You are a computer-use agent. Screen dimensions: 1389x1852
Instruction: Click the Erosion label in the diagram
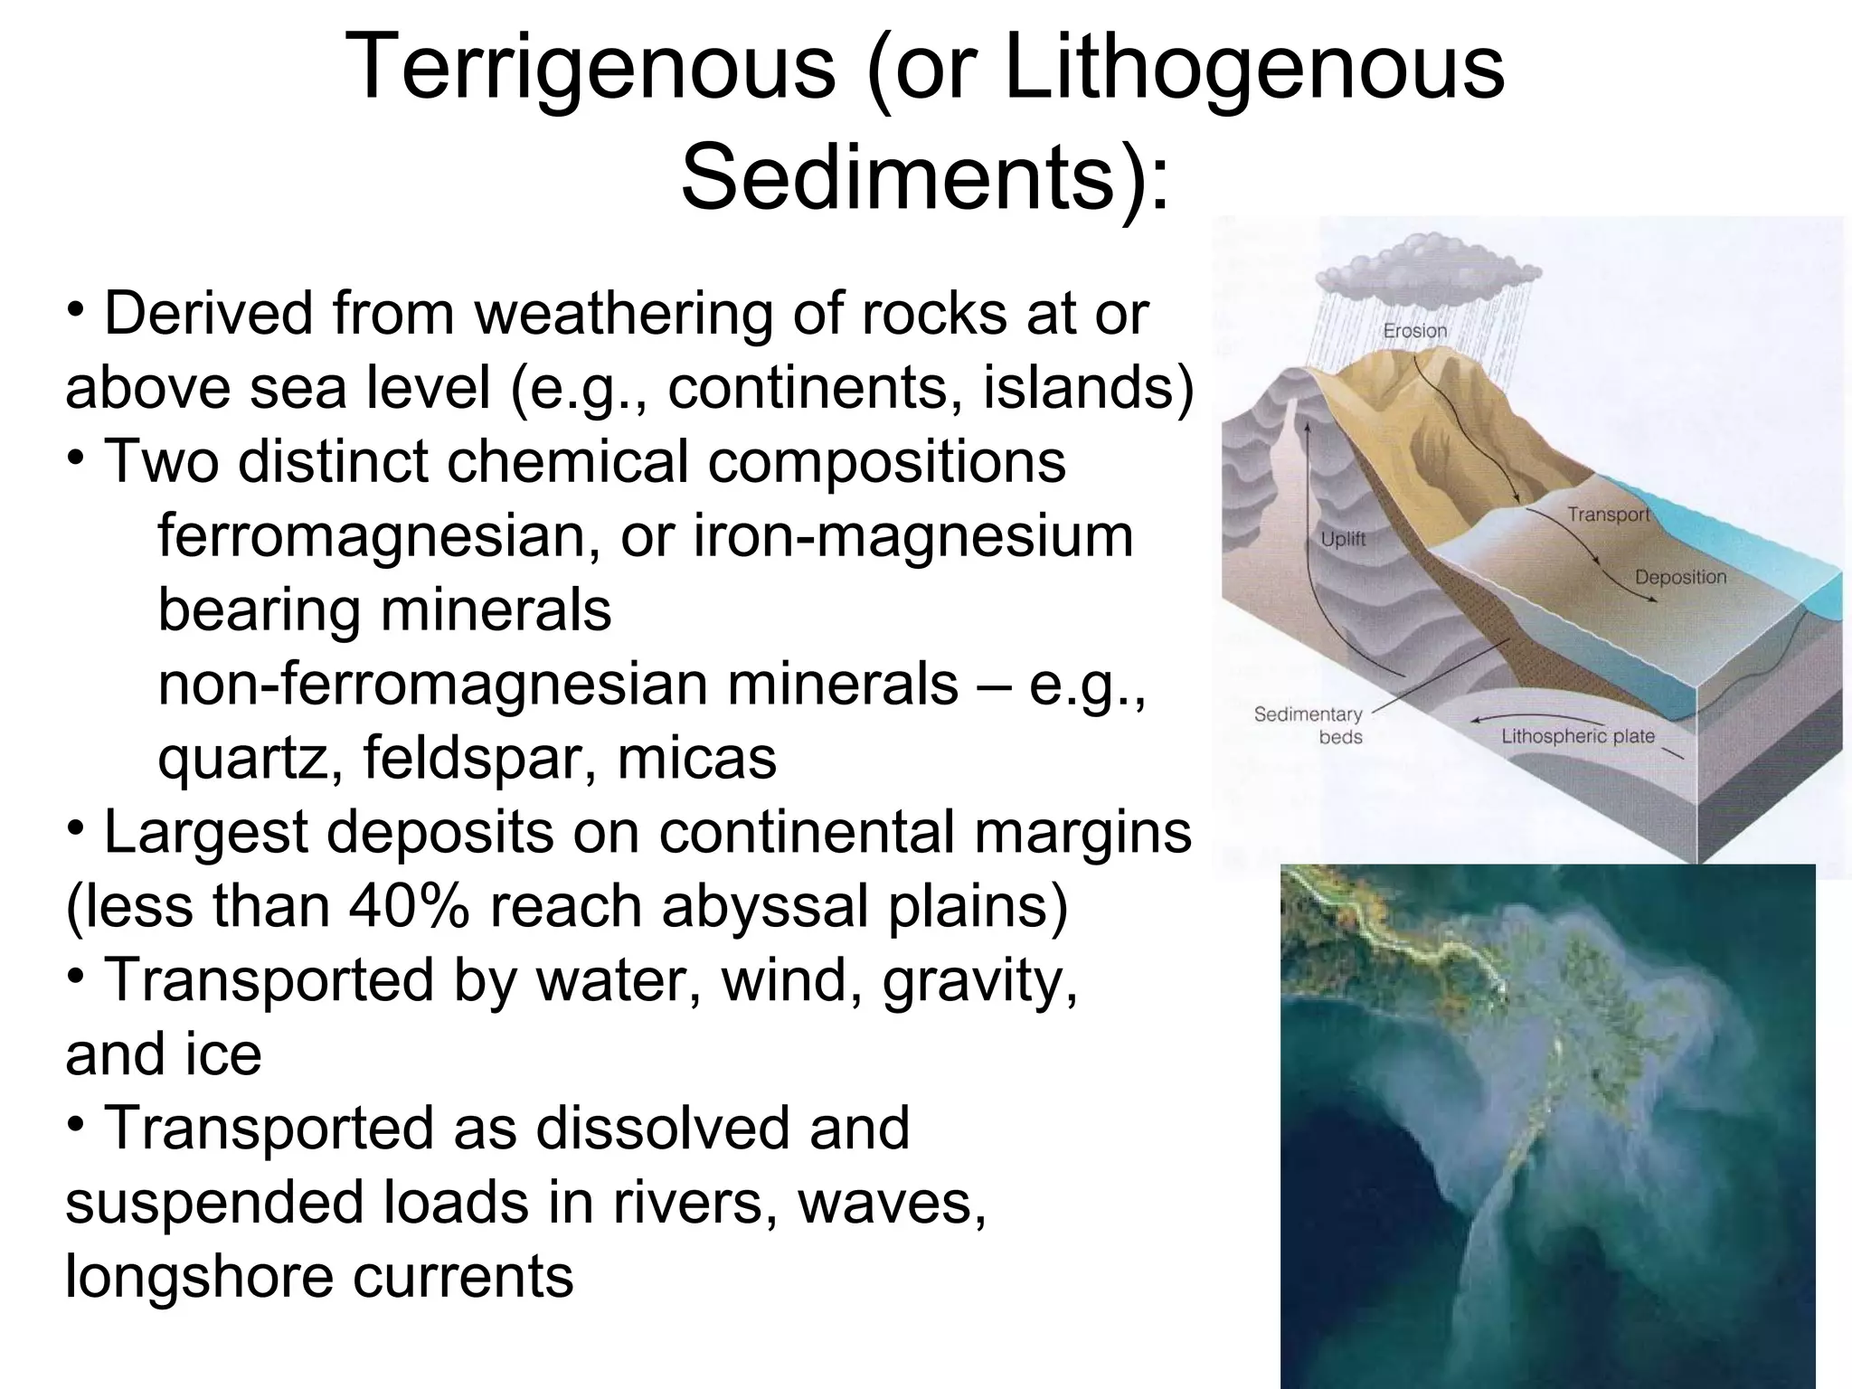click(1415, 331)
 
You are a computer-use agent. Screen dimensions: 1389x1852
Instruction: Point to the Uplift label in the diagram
click(1343, 539)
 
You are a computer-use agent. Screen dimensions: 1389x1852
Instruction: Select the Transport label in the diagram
click(1609, 515)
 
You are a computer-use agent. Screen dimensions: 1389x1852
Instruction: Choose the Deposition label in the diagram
click(1680, 577)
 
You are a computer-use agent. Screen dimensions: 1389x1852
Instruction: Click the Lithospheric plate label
click(1578, 736)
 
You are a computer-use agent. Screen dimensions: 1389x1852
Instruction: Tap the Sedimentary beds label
click(1308, 725)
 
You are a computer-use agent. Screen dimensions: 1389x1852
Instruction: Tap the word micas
click(696, 758)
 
